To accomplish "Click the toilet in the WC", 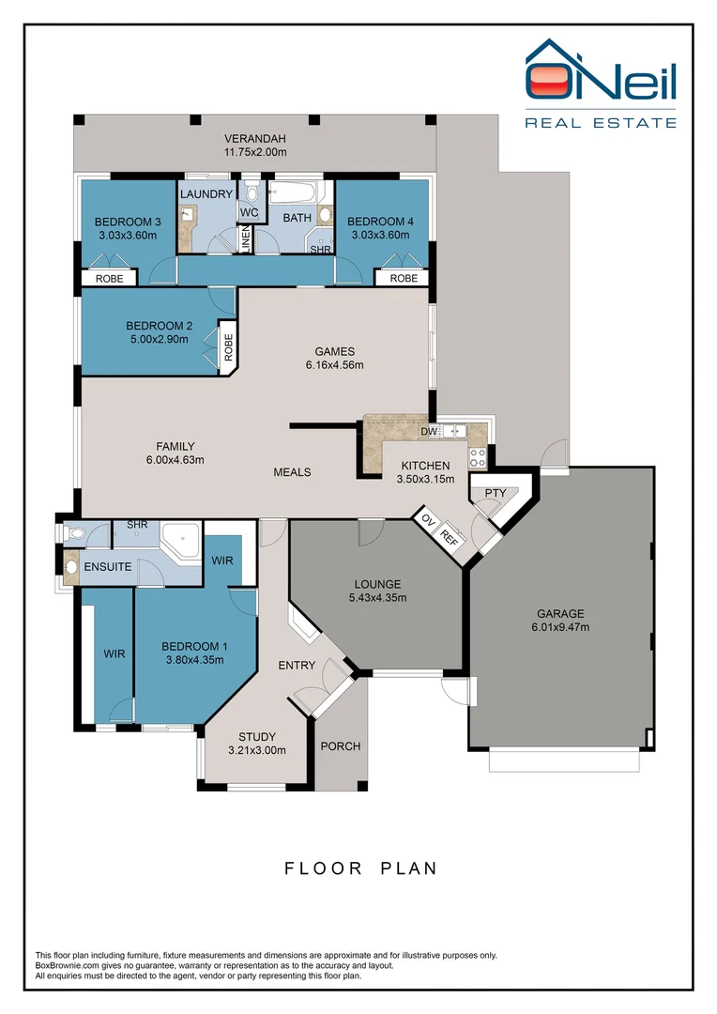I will tap(251, 193).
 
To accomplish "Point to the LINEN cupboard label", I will tap(246, 239).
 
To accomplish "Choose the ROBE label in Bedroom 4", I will tap(404, 279).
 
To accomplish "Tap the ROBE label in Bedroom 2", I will tap(228, 346).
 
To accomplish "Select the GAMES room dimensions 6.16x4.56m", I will tap(334, 365).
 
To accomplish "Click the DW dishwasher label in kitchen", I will tap(429, 432).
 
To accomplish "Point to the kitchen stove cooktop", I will tap(478, 458).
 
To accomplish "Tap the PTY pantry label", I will tap(495, 493).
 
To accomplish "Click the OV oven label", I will tap(428, 521).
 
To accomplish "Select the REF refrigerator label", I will tap(450, 538).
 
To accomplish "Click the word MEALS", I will tap(292, 472).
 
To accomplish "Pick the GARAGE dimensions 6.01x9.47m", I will tap(561, 627).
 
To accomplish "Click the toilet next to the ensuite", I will tap(75, 534).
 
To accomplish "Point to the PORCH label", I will tap(341, 746).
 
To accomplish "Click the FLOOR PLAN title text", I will tap(360, 868).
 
